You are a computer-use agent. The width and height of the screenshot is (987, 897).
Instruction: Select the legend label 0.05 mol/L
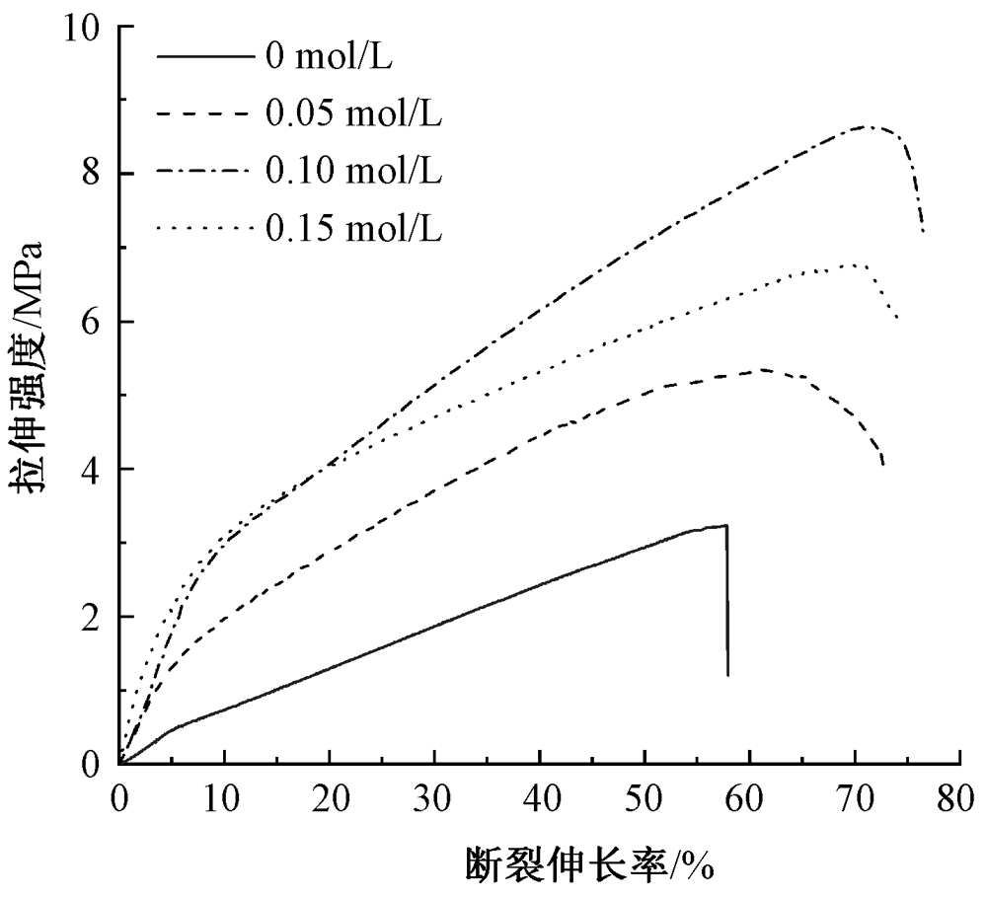352,113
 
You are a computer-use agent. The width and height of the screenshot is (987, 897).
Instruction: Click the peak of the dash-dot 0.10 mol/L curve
866,126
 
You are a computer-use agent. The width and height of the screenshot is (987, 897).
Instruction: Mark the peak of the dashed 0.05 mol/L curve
763,370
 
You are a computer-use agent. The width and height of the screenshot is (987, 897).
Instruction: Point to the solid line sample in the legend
204,56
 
